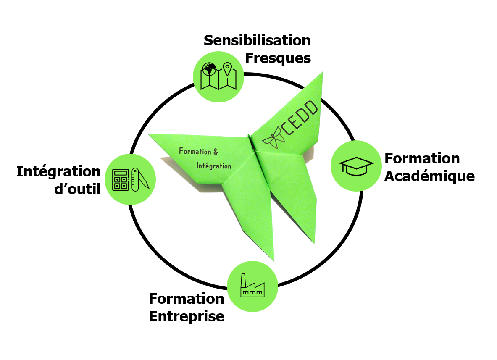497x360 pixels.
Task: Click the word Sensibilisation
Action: pyautogui.click(x=257, y=41)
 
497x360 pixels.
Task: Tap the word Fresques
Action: pyautogui.click(x=278, y=58)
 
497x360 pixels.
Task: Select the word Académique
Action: pyautogui.click(x=429, y=176)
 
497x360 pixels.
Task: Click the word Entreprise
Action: pyautogui.click(x=187, y=316)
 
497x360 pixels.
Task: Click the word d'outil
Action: pyautogui.click(x=77, y=189)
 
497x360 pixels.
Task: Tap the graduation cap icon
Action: pyautogui.click(x=356, y=166)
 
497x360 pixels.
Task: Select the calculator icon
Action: pyautogui.click(x=121, y=179)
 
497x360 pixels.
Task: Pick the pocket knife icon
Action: pyautogui.click(x=139, y=180)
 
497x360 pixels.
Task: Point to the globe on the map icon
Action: pyautogui.click(x=209, y=69)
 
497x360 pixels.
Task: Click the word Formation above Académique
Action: pyautogui.click(x=422, y=158)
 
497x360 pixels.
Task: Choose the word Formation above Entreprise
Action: pyautogui.click(x=187, y=299)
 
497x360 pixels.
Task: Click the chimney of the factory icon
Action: pyautogui.click(x=243, y=279)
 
